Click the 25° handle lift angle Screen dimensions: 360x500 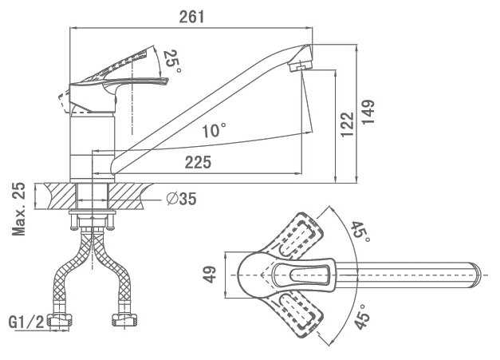(171, 61)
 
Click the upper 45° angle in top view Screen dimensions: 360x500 (361, 231)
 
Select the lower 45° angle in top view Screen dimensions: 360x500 (361, 318)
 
